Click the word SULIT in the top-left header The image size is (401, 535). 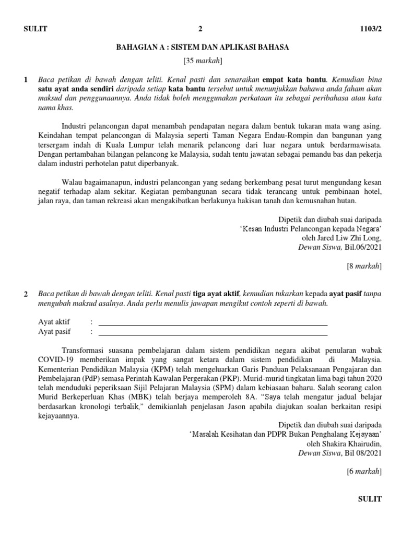[36, 29]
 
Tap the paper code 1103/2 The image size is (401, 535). [371, 29]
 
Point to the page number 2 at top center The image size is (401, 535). [200, 29]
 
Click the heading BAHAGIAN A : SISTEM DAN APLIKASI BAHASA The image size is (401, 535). [203, 47]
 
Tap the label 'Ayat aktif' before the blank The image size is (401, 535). [54, 322]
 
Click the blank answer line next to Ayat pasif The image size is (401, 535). [213, 332]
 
